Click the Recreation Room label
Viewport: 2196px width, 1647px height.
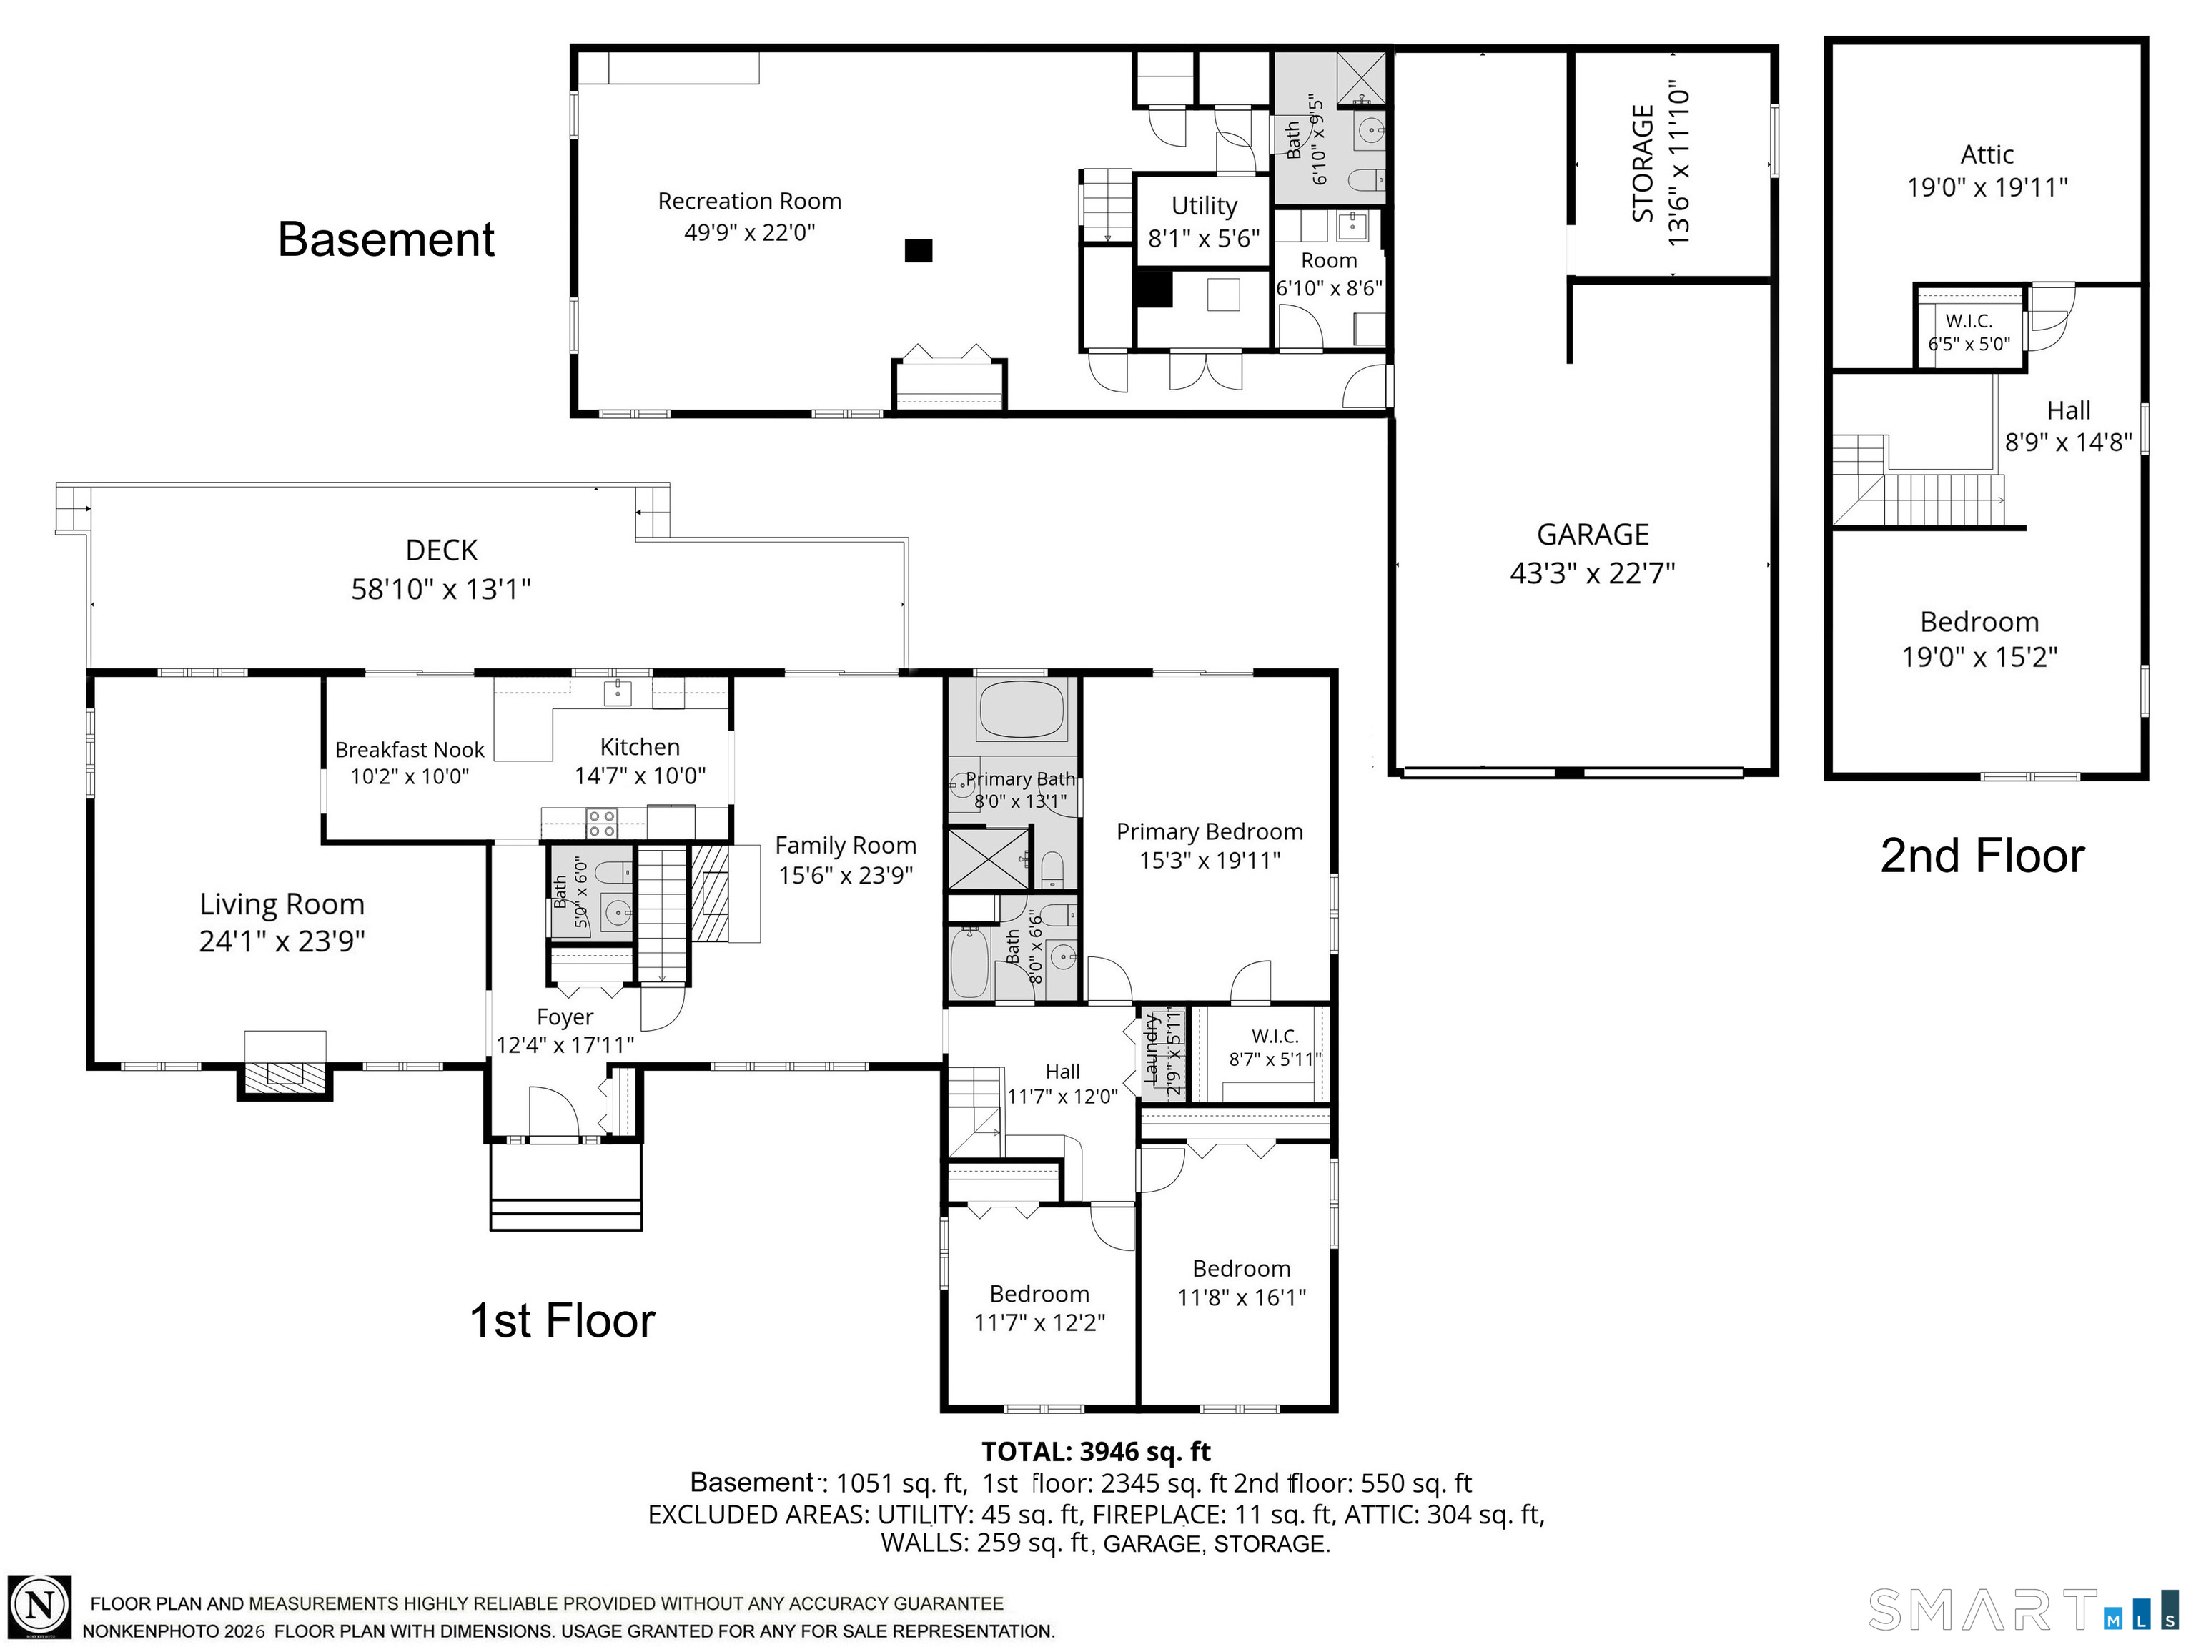click(x=750, y=202)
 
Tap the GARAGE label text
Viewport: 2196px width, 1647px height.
click(x=1593, y=535)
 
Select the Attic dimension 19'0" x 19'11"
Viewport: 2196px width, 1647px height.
click(x=1987, y=187)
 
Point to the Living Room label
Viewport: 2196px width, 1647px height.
click(x=282, y=904)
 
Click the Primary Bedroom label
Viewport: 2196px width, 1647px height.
click(x=1210, y=832)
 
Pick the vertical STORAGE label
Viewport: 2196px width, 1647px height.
click(x=1643, y=164)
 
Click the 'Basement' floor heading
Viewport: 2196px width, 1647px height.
click(x=386, y=239)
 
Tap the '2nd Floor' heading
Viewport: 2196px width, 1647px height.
click(x=1982, y=856)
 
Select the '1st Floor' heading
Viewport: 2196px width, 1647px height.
click(x=562, y=1321)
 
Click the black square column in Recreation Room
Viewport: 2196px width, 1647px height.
click(x=919, y=250)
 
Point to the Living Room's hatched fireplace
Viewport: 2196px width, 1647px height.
click(x=285, y=1074)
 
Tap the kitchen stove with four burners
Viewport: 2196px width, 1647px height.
click(x=602, y=823)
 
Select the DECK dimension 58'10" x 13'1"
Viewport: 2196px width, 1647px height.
click(x=441, y=590)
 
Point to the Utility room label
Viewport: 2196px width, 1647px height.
click(x=1205, y=207)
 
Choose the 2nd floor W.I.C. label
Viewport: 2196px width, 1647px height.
click(x=1969, y=321)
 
